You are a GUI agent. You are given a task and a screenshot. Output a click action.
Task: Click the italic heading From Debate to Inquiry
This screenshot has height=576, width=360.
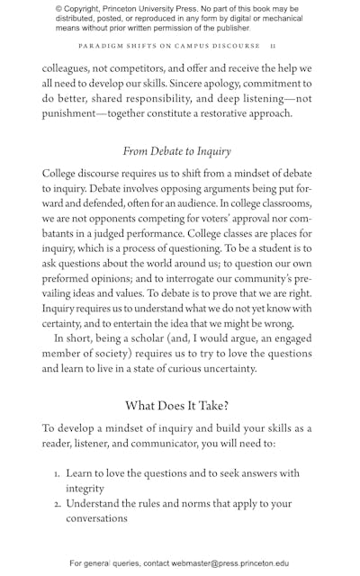[x=176, y=151]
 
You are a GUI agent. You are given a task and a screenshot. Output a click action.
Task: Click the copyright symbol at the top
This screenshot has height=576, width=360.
[x=58, y=8]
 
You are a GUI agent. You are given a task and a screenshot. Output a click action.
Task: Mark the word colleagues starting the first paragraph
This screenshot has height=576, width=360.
[x=73, y=68]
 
